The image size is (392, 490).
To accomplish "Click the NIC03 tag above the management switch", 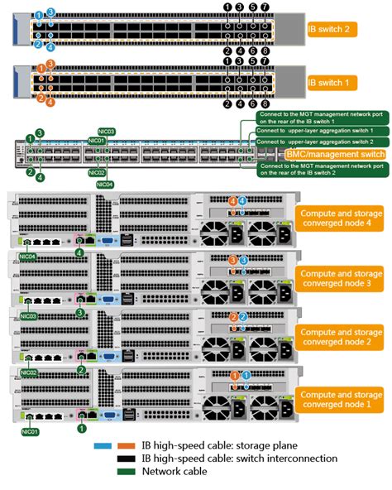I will click(x=105, y=132).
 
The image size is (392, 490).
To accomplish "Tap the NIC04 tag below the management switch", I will click(x=105, y=184).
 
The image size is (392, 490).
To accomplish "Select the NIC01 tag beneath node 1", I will click(x=29, y=431).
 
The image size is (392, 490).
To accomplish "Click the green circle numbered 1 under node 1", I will click(x=82, y=428).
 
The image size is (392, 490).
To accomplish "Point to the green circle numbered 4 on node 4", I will click(x=79, y=252).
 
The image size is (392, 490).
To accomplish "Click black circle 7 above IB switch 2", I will click(x=265, y=7).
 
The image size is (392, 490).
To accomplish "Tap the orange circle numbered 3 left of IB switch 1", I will click(x=51, y=63).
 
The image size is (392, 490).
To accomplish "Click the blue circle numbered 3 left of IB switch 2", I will click(x=51, y=13).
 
